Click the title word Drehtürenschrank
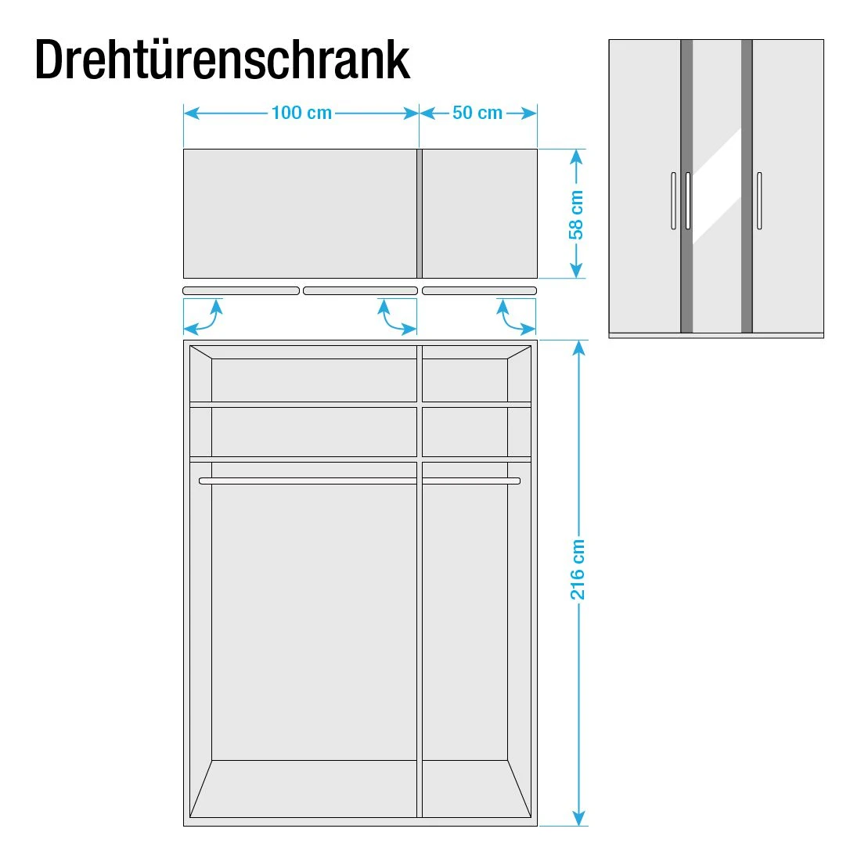[x=222, y=59]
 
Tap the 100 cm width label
[x=301, y=113]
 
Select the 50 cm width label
[x=477, y=113]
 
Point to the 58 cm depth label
[x=576, y=214]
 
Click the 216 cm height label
[x=578, y=569]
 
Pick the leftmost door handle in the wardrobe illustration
[x=674, y=200]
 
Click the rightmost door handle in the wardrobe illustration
[x=759, y=200]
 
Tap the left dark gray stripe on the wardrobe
[x=686, y=186]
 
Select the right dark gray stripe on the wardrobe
[x=747, y=186]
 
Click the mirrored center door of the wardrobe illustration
[x=716, y=186]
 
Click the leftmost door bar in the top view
[x=241, y=290]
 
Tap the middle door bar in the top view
[x=360, y=290]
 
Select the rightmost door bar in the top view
[x=479, y=290]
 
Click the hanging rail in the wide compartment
[x=308, y=481]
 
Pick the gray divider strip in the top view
[x=420, y=213]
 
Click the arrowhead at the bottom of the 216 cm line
[x=578, y=818]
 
